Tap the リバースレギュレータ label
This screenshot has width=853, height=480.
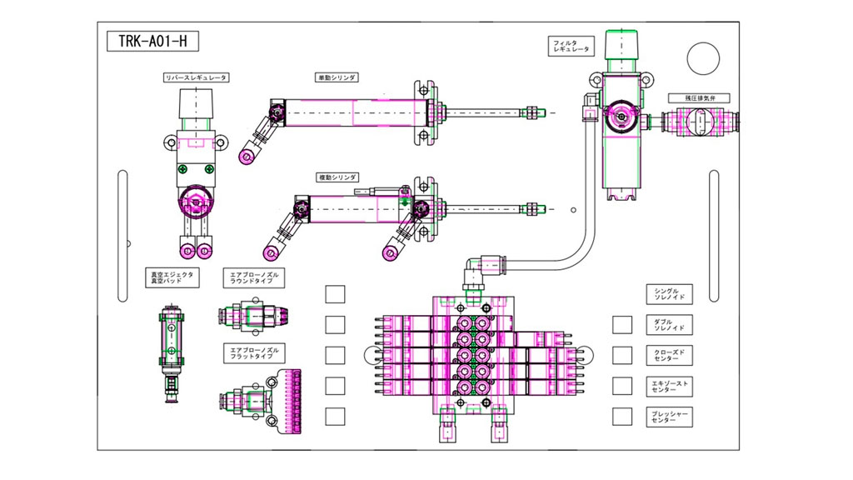[197, 77]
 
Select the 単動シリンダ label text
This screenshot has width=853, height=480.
[337, 77]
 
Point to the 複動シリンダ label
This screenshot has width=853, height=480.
[337, 177]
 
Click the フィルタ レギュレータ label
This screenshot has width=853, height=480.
[571, 46]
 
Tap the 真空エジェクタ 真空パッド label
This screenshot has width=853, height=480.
[171, 277]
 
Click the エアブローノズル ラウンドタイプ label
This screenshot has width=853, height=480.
[256, 277]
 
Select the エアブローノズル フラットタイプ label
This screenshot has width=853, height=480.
[256, 353]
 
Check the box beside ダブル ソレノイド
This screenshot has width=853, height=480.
[621, 324]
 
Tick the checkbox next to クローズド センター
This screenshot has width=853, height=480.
[621, 355]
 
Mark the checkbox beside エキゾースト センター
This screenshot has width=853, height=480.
[621, 385]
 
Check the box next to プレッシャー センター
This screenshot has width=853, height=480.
[621, 415]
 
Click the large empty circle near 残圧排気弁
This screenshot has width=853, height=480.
[701, 57]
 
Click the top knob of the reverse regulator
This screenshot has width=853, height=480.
[197, 107]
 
